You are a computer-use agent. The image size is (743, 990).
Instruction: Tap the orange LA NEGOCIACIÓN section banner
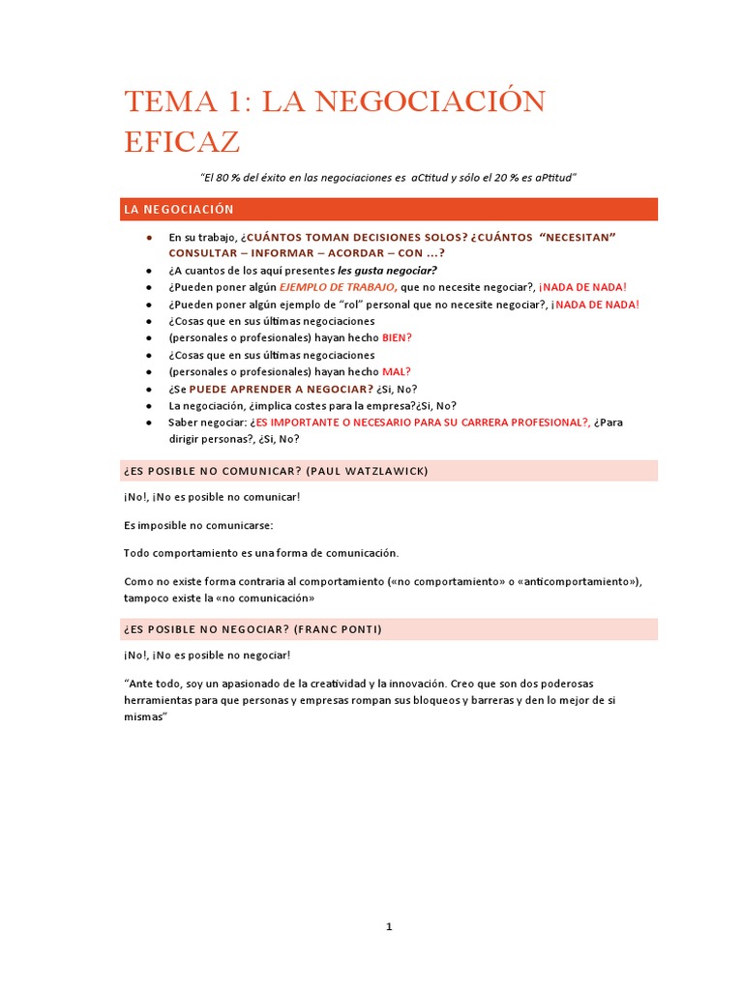390,209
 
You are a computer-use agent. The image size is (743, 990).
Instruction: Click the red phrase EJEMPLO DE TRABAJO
338,287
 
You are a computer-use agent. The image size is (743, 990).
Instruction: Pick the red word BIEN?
397,337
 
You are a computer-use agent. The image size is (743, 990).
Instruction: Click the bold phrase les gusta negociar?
387,270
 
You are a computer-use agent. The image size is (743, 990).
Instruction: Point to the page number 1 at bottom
389,926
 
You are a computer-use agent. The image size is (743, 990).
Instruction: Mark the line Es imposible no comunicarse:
198,525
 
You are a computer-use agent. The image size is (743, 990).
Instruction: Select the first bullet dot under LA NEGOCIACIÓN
149,237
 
